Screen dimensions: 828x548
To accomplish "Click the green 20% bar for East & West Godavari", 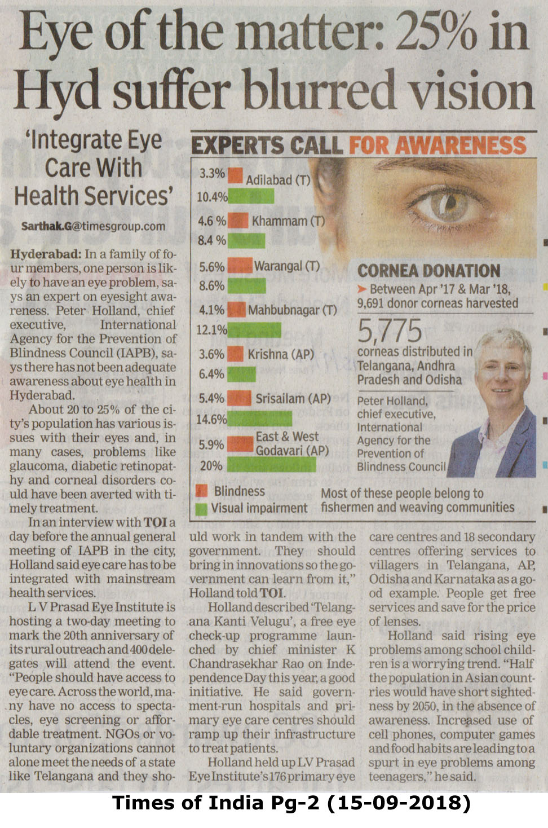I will click(x=272, y=465).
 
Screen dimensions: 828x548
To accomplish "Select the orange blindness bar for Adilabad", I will click(x=236, y=175).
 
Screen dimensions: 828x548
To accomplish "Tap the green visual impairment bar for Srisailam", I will click(x=260, y=419).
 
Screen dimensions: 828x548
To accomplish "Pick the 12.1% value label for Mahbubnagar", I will click(x=211, y=329).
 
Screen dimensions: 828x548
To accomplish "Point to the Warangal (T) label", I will click(x=287, y=266).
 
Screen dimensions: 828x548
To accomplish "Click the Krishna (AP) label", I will click(x=281, y=354).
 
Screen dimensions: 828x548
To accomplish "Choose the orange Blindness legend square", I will click(x=201, y=491).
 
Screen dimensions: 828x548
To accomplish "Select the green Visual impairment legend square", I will click(x=201, y=508).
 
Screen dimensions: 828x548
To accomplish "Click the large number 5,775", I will click(x=390, y=331).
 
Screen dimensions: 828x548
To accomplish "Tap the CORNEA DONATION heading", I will click(x=428, y=271).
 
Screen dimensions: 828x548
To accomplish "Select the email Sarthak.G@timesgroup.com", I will click(x=94, y=226).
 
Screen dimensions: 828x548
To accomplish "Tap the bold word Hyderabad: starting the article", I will click(x=46, y=254).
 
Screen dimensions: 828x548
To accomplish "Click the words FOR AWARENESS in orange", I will click(x=437, y=146).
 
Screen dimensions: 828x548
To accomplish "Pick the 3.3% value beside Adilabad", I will click(x=212, y=173).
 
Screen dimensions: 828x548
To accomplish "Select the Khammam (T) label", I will click(x=288, y=221).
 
